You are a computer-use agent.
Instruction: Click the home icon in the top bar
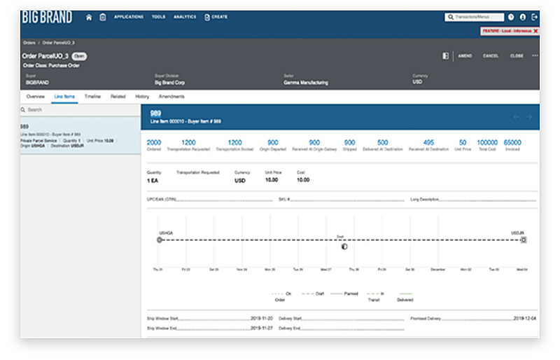tap(89, 17)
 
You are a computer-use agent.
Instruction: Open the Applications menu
tap(128, 17)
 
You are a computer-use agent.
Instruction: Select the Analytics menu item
tap(185, 17)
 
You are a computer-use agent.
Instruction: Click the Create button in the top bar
tap(216, 17)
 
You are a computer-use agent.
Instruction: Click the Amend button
tap(465, 56)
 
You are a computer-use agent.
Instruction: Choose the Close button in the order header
tap(517, 56)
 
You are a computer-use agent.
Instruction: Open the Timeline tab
tap(93, 96)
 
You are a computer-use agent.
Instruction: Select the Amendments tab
tap(171, 96)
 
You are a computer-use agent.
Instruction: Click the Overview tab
tap(36, 96)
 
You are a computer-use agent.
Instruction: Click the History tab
tap(142, 96)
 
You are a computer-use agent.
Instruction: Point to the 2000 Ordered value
tap(154, 143)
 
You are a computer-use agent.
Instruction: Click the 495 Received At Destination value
tap(428, 143)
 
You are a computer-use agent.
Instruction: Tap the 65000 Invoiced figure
tap(512, 143)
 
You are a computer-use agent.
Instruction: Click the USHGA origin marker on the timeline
tap(160, 240)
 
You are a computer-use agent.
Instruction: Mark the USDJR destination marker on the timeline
tap(524, 240)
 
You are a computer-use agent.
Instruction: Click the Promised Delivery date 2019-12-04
tap(524, 319)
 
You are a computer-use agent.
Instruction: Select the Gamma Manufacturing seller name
tap(306, 83)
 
